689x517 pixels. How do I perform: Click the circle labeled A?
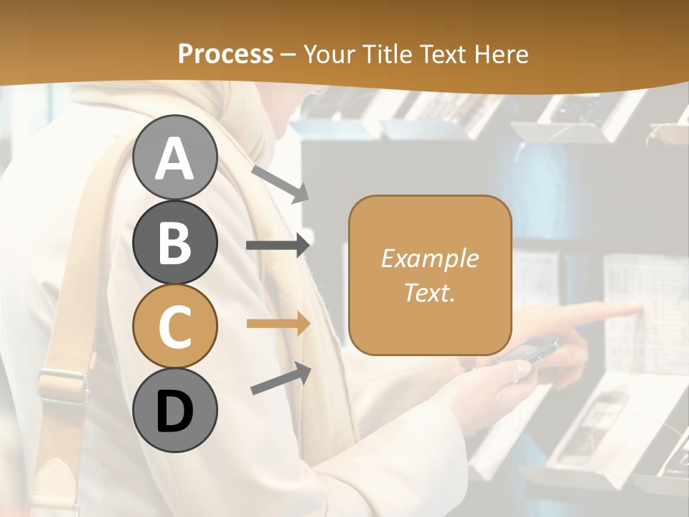point(175,157)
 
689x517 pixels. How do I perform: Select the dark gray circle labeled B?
point(175,242)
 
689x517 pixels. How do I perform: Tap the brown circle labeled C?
point(175,327)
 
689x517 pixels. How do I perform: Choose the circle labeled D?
point(175,411)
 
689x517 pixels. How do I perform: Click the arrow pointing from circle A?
point(280,183)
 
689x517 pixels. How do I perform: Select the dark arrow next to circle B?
point(278,246)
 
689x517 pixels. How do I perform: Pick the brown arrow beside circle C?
point(278,324)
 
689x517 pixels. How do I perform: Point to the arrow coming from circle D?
point(281,378)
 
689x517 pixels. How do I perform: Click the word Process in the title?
point(225,54)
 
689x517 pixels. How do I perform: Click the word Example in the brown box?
point(429,258)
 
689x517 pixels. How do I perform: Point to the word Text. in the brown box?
point(429,292)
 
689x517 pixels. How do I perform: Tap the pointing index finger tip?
point(636,309)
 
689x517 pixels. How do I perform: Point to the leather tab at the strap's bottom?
point(52,481)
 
